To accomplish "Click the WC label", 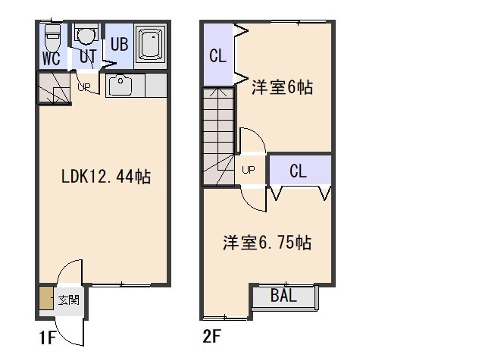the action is pyautogui.click(x=52, y=58).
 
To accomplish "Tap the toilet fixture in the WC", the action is pyautogui.click(x=52, y=38).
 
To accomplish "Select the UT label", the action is pyautogui.click(x=88, y=57).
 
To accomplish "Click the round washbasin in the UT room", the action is pyautogui.click(x=86, y=36).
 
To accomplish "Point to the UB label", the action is pyautogui.click(x=119, y=44).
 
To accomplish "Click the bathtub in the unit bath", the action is pyautogui.click(x=151, y=44).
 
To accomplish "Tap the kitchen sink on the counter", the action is pyautogui.click(x=120, y=85).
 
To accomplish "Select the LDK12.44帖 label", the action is pyautogui.click(x=106, y=177).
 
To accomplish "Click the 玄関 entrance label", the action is pyautogui.click(x=69, y=300).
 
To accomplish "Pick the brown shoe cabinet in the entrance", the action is pyautogui.click(x=46, y=298).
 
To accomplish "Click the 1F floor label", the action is pyautogui.click(x=47, y=337).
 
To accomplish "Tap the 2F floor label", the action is pyautogui.click(x=211, y=336).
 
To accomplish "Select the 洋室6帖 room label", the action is pyautogui.click(x=282, y=87).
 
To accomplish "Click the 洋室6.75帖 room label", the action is pyautogui.click(x=267, y=243).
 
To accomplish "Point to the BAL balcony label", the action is pyautogui.click(x=283, y=295).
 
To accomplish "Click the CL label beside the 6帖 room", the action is pyautogui.click(x=217, y=55).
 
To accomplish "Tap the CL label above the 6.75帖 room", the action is pyautogui.click(x=298, y=171).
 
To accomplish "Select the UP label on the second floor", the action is pyautogui.click(x=249, y=170).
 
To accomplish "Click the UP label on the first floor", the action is pyautogui.click(x=84, y=87).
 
